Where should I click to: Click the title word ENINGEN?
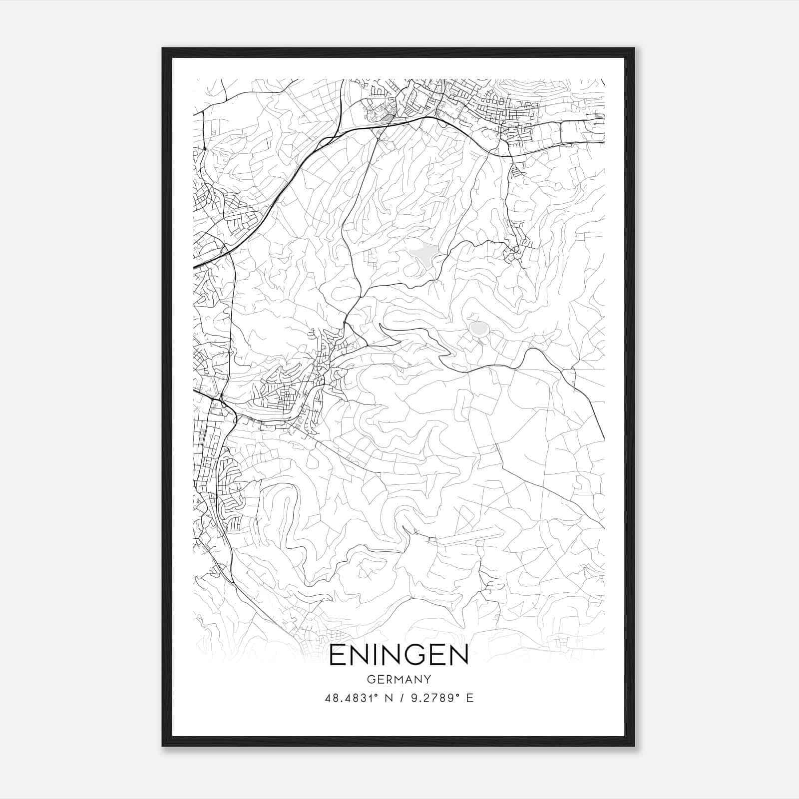(x=399, y=655)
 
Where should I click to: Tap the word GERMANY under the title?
(x=399, y=679)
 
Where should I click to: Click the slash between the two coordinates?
(x=398, y=698)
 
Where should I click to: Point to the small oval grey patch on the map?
(x=478, y=328)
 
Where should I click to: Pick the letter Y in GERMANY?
(x=427, y=679)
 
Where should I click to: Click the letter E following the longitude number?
(x=470, y=698)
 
